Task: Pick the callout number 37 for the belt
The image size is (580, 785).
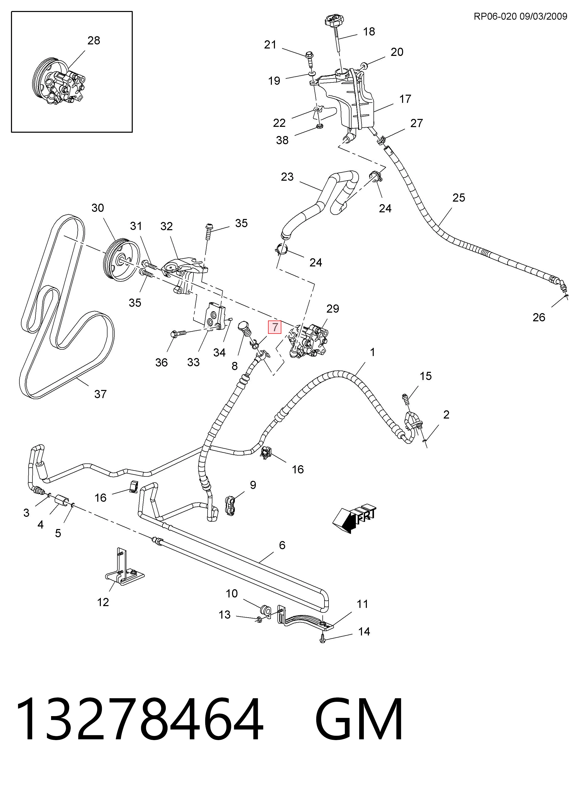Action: (x=100, y=394)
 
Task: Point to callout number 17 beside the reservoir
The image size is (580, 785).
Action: (x=405, y=99)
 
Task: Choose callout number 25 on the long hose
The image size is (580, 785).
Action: (x=458, y=198)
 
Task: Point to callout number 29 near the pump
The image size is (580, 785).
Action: (x=332, y=309)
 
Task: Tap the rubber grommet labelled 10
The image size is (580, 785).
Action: (x=265, y=611)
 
